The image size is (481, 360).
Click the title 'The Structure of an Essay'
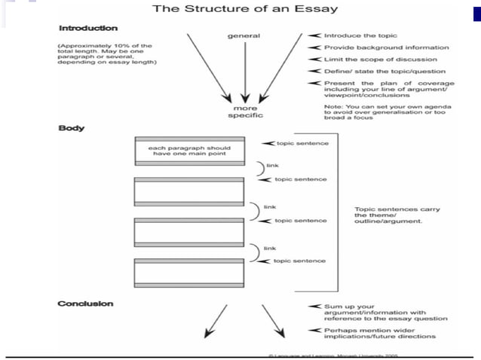coord(245,10)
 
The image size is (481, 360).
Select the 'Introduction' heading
coord(88,28)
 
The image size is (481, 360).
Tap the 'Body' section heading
coord(72,128)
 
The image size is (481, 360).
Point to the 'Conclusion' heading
coord(86,304)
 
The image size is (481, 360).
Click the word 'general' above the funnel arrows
coord(244,35)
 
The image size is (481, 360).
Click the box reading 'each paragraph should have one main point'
coord(188,151)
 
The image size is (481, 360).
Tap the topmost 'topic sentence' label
coord(302,143)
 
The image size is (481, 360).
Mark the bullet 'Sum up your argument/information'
coord(385,313)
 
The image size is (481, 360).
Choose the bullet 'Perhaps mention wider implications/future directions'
coord(385,334)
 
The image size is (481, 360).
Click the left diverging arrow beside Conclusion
coord(215,319)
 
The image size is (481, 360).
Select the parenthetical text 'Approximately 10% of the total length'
coord(106,53)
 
